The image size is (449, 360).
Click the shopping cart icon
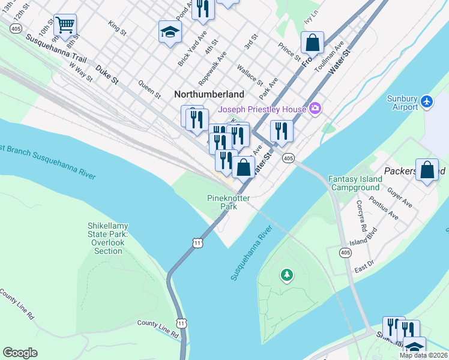65,25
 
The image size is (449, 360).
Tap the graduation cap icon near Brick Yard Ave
170,31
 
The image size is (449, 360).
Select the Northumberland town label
209,94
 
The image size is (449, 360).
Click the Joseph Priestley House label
262,109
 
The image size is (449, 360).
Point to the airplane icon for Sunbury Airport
427,101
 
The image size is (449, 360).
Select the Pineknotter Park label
228,202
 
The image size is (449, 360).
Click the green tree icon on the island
288,275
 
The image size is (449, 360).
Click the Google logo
20,353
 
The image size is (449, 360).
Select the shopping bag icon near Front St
312,43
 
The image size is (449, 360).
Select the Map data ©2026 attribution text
423,355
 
